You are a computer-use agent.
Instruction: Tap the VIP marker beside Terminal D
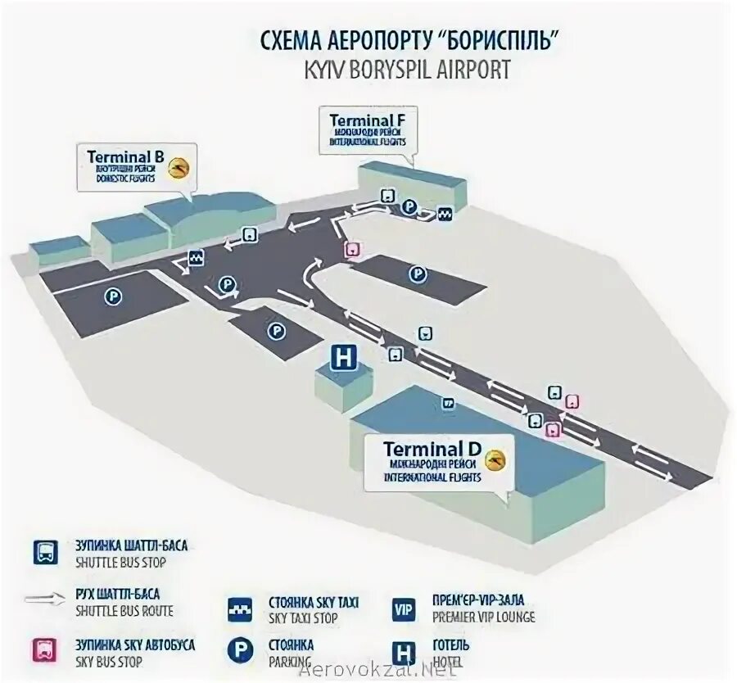[448, 403]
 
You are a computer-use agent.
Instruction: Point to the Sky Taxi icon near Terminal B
[197, 258]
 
